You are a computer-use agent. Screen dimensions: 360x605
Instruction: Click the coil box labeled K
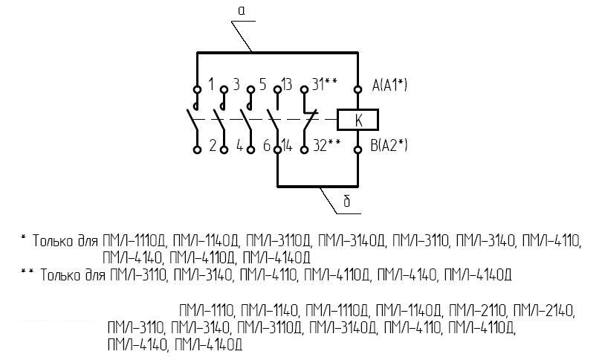pyautogui.click(x=358, y=119)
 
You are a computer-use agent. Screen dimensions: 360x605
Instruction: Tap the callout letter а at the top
pyautogui.click(x=242, y=10)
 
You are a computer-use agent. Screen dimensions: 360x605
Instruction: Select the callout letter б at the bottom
pyautogui.click(x=346, y=202)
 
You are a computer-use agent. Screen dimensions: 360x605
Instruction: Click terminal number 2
pyautogui.click(x=213, y=146)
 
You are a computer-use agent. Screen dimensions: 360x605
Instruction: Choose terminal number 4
pyautogui.click(x=239, y=146)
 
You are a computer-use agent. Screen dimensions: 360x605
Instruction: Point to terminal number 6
pyautogui.click(x=266, y=146)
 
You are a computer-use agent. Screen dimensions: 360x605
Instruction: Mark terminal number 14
pyautogui.click(x=287, y=146)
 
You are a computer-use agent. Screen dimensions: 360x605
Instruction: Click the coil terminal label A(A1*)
pyautogui.click(x=389, y=86)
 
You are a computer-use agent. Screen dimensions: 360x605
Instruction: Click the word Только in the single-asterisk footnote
pyautogui.click(x=54, y=242)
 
